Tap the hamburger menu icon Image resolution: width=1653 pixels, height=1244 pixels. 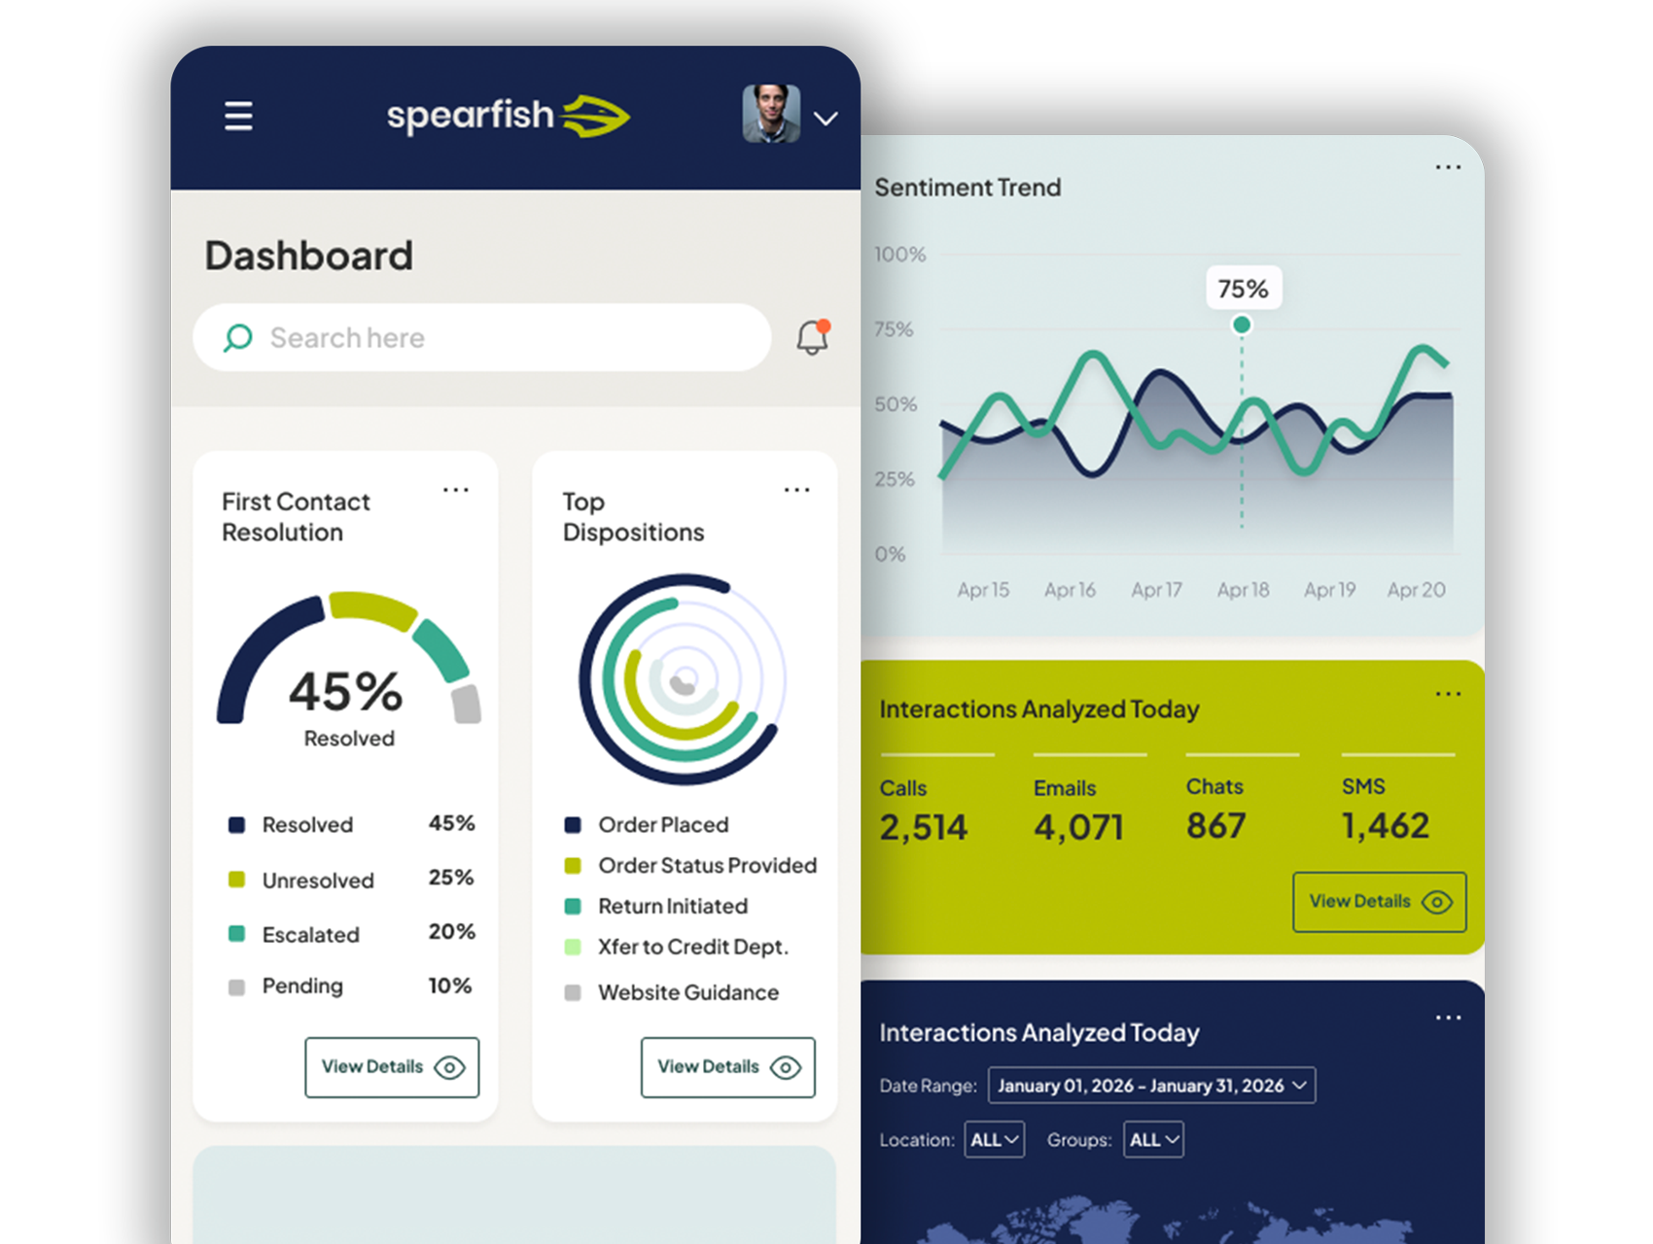pyautogui.click(x=238, y=117)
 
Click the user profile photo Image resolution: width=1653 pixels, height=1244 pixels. pyautogui.click(x=771, y=114)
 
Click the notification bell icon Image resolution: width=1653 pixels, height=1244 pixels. pyautogui.click(x=812, y=337)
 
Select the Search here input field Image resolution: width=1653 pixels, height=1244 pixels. pyautogui.click(x=481, y=337)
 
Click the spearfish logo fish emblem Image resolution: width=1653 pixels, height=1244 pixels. pyautogui.click(x=596, y=116)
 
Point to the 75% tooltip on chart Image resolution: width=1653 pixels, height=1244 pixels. pyautogui.click(x=1243, y=289)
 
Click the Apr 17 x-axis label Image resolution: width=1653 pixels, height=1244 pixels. pyautogui.click(x=1156, y=590)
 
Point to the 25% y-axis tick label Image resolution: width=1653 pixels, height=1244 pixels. pyautogui.click(x=895, y=479)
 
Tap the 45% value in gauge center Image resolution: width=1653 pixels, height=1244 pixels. pyautogui.click(x=345, y=692)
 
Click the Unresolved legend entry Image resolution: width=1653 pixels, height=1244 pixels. pyautogui.click(x=317, y=881)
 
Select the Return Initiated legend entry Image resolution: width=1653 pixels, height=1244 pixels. pyautogui.click(x=672, y=906)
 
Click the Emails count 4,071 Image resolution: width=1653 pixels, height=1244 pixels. pyautogui.click(x=1078, y=827)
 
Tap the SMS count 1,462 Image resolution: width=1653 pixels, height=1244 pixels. pyautogui.click(x=1385, y=826)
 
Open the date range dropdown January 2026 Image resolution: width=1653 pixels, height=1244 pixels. pyautogui.click(x=1151, y=1086)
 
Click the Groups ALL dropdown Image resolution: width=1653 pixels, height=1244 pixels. pyautogui.click(x=1153, y=1140)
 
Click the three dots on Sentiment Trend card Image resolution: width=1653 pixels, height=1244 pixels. pyautogui.click(x=1448, y=167)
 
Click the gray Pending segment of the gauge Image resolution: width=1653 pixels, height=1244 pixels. pyautogui.click(x=467, y=705)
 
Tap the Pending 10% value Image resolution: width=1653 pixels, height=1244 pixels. pyautogui.click(x=450, y=985)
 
